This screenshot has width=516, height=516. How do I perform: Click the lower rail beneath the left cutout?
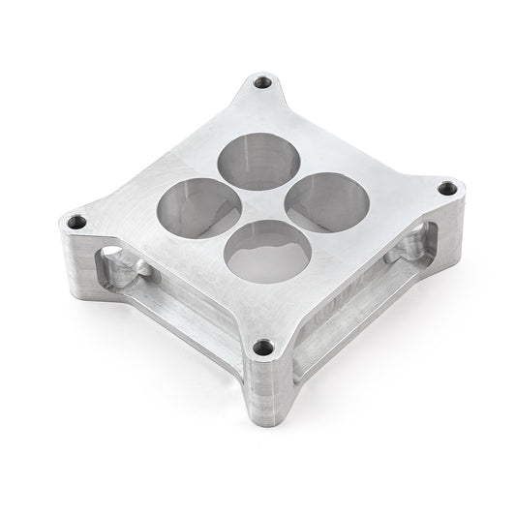(x=165, y=334)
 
